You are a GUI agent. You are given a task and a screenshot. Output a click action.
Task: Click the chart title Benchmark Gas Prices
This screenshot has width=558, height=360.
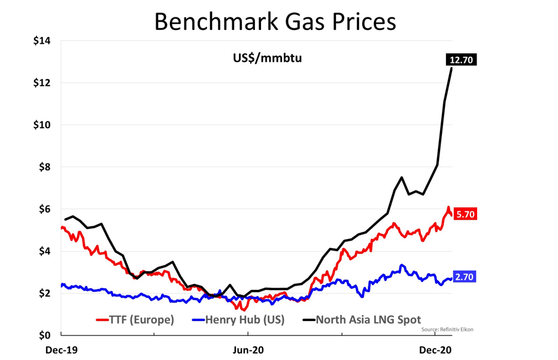tap(275, 21)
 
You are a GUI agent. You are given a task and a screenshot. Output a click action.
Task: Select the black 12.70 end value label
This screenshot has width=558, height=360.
tap(461, 59)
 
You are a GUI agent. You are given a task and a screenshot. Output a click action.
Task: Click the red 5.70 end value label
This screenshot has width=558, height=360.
tap(465, 214)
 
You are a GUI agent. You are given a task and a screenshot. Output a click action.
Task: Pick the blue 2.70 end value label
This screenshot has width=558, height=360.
tap(465, 277)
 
